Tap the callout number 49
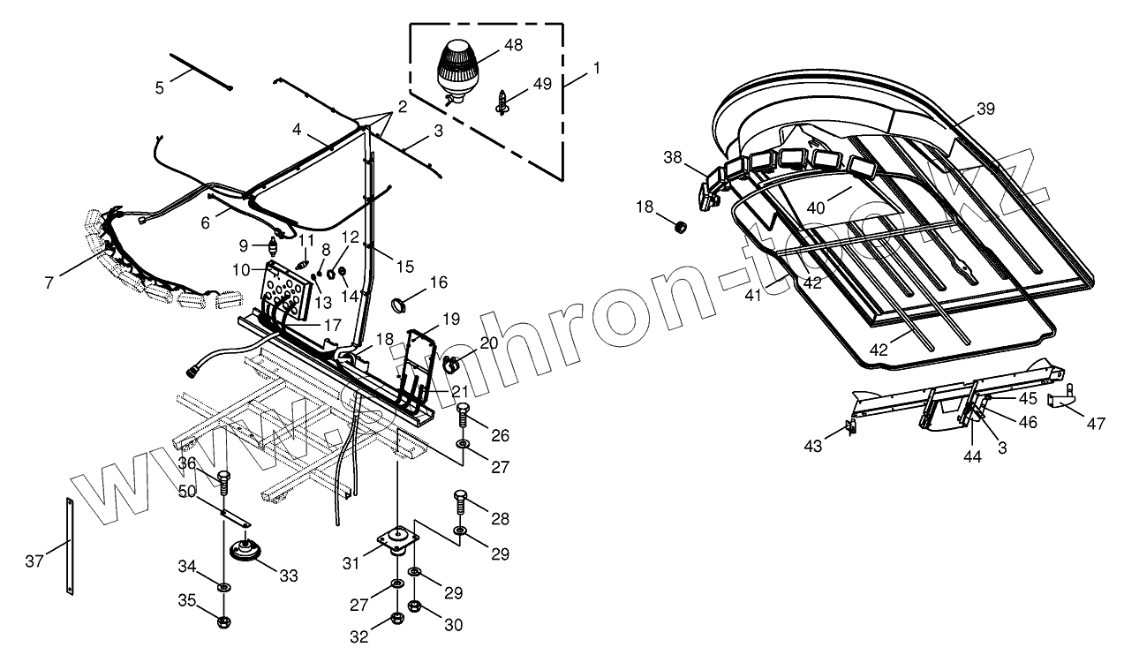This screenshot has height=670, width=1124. click(x=541, y=84)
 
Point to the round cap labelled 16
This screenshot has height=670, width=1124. click(x=401, y=305)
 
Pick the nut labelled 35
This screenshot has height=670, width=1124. click(x=223, y=621)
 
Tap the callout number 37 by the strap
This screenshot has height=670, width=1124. click(x=34, y=561)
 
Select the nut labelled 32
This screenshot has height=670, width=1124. click(x=396, y=616)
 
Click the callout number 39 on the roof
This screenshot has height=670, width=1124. click(x=984, y=109)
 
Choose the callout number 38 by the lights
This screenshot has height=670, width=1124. click(x=674, y=157)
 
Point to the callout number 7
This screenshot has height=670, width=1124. click(x=49, y=282)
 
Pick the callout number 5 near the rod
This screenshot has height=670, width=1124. click(x=160, y=87)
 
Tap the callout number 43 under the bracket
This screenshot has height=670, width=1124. click(x=813, y=447)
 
